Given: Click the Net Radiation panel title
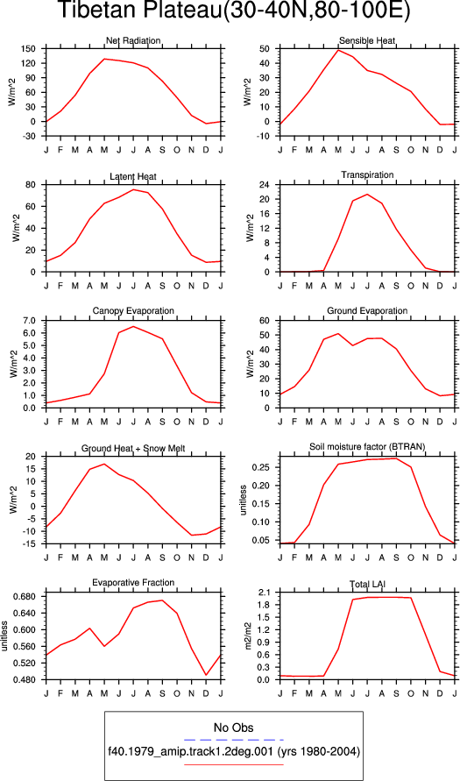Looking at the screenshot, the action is (x=133, y=40).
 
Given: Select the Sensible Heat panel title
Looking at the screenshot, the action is (x=367, y=40).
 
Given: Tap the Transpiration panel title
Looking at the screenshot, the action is (x=367, y=174).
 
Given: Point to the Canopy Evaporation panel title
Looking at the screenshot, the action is (x=133, y=311).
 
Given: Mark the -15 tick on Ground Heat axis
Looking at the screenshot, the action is (x=30, y=544).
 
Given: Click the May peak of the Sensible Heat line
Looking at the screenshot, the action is (x=338, y=50).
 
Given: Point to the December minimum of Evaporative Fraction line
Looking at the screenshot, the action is (x=206, y=675).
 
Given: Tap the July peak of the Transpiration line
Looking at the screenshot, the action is (x=367, y=195).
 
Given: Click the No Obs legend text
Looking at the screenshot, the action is (x=233, y=728).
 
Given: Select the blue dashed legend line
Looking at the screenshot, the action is (x=233, y=740).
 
